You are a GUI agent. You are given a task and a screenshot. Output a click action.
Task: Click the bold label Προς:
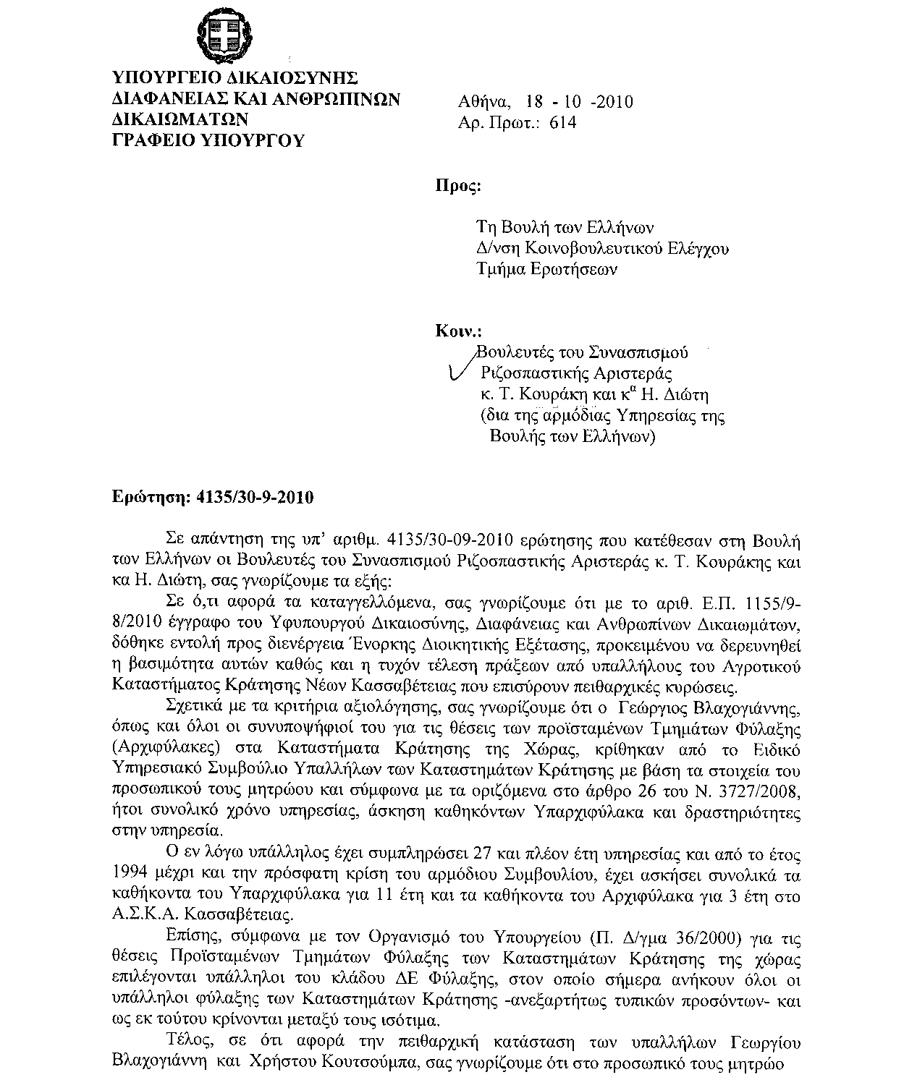click(457, 186)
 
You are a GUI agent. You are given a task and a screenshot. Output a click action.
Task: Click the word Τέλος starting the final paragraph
click(188, 1043)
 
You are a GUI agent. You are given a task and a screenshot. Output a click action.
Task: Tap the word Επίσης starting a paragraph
click(190, 938)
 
